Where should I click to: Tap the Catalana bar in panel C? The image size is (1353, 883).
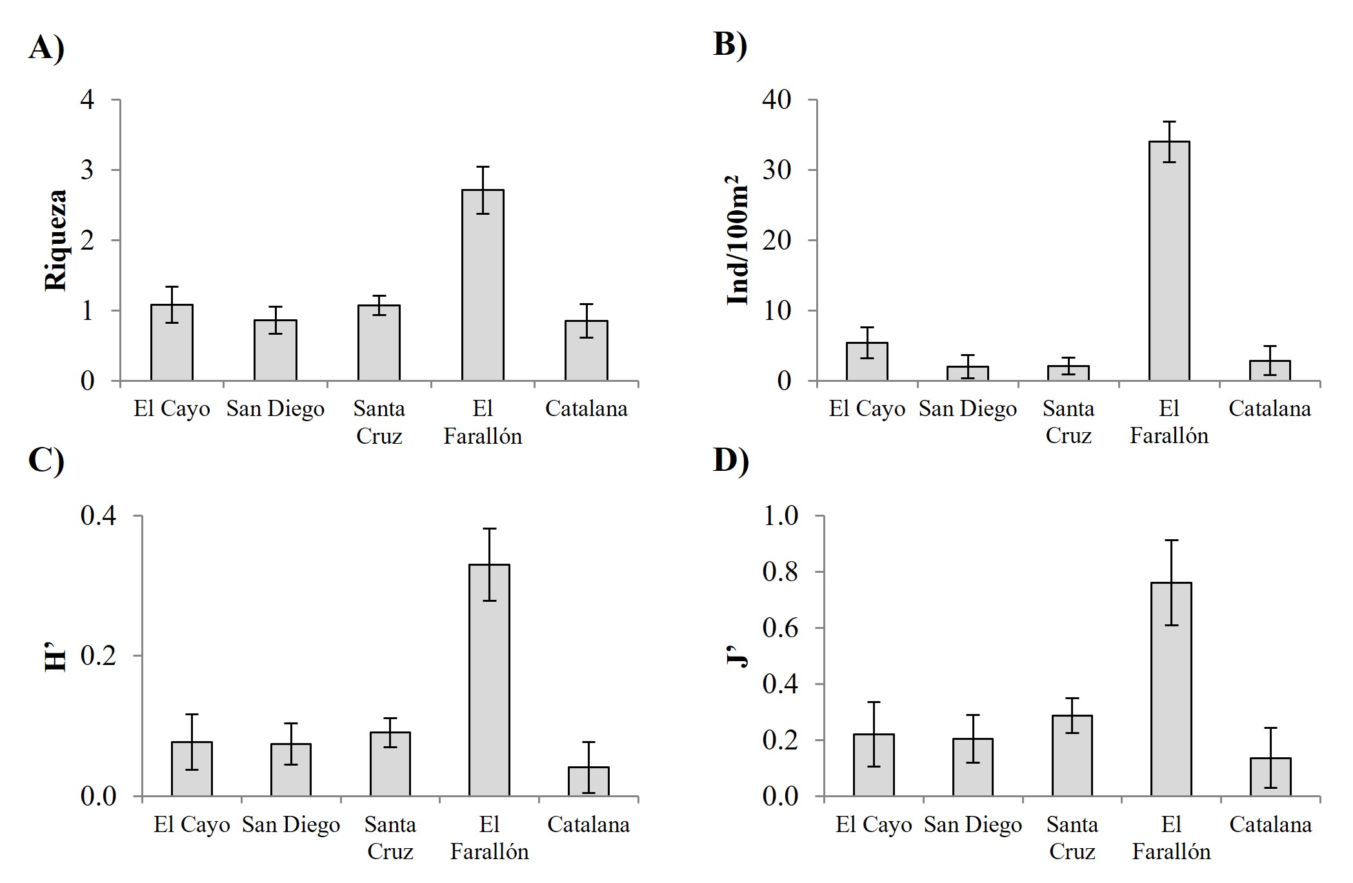[588, 782]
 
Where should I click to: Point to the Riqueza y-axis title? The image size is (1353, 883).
[56, 240]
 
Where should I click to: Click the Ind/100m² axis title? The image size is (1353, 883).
[737, 240]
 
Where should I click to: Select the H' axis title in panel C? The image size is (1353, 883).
[56, 657]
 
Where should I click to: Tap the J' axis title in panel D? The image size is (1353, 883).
[739, 657]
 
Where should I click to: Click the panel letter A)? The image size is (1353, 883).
[46, 47]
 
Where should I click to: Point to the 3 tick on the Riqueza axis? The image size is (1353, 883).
[87, 170]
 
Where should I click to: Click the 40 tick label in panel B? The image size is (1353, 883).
[777, 100]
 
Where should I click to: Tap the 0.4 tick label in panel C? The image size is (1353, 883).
[98, 516]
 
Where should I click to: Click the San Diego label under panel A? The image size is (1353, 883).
[275, 409]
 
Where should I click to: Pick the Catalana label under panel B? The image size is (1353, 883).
[1269, 409]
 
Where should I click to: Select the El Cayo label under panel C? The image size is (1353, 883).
[192, 825]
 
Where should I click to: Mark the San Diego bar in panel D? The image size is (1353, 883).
[972, 767]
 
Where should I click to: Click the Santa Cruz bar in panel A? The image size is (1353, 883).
[379, 342]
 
